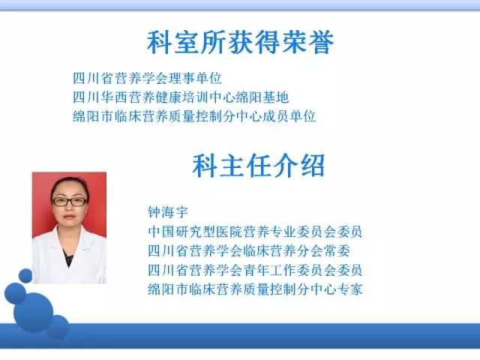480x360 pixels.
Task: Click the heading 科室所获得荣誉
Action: pyautogui.click(x=240, y=43)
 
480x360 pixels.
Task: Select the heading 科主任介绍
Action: pyautogui.click(x=259, y=166)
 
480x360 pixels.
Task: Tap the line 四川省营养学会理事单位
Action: pyautogui.click(x=147, y=78)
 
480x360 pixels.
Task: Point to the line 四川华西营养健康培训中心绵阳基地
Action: pyautogui.click(x=181, y=97)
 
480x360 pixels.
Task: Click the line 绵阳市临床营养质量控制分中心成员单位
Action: pyautogui.click(x=194, y=116)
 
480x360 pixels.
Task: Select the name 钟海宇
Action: pyautogui.click(x=168, y=212)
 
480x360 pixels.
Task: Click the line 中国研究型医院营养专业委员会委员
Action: pyautogui.click(x=255, y=232)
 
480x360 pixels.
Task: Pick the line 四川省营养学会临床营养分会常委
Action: pyautogui.click(x=249, y=250)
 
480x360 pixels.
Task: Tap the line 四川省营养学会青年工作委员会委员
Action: pyautogui.click(x=255, y=270)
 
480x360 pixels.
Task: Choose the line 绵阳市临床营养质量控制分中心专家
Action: pyautogui.click(x=255, y=289)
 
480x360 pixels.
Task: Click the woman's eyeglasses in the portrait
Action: pyautogui.click(x=70, y=202)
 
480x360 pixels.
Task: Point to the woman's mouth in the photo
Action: pyautogui.click(x=69, y=217)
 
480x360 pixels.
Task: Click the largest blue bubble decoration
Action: pyautogui.click(x=33, y=312)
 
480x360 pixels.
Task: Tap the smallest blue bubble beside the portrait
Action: pyautogui.click(x=25, y=276)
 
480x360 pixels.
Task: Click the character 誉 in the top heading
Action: pyautogui.click(x=322, y=43)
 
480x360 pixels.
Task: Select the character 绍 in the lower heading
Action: pyautogui.click(x=313, y=166)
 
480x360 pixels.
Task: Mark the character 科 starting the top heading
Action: pyautogui.click(x=159, y=43)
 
